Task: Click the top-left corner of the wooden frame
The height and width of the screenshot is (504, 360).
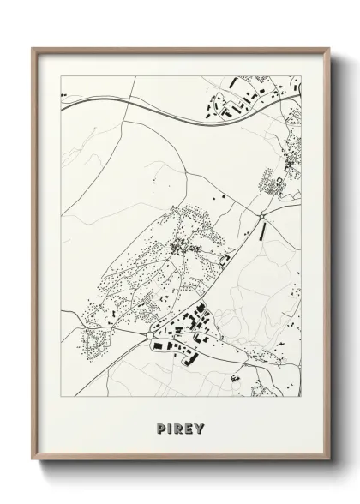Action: [x=33, y=49]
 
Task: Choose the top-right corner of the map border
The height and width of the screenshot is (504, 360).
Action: [x=303, y=76]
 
